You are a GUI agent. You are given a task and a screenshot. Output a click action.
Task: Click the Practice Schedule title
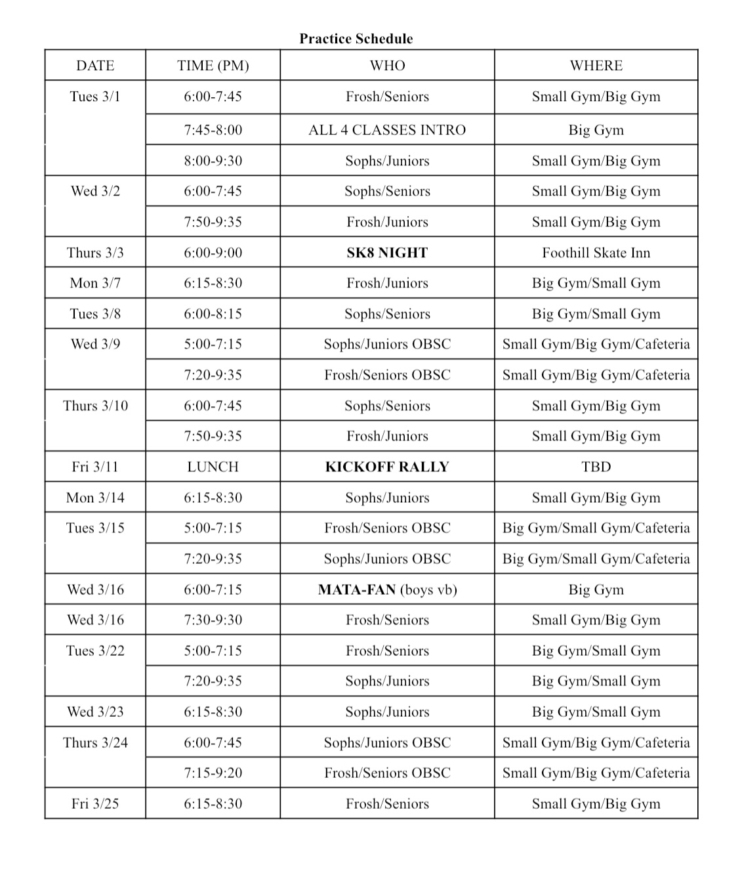pos(356,39)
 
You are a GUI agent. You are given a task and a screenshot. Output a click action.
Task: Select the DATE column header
pos(95,66)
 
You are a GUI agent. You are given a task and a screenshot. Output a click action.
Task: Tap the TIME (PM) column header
pos(213,66)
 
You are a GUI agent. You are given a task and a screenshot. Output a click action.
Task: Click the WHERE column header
pos(596,66)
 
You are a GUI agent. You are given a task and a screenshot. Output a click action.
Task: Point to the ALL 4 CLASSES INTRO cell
pos(387,130)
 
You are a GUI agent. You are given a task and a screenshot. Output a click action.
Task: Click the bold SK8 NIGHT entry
pos(387,253)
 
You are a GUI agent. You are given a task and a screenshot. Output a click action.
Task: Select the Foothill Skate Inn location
pos(596,253)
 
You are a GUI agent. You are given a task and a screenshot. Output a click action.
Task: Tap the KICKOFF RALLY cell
pos(387,467)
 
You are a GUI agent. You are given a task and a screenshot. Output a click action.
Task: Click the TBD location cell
pos(596,467)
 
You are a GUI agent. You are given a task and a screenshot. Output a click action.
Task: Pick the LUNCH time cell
pos(213,467)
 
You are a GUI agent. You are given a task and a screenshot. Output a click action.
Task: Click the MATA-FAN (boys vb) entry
pos(387,589)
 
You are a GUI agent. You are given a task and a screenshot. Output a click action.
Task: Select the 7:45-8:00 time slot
pos(213,130)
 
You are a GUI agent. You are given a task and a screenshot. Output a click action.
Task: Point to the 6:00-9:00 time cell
pos(213,253)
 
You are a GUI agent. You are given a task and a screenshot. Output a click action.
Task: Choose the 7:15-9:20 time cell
pos(213,773)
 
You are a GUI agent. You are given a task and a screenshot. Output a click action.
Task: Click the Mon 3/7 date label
pos(95,283)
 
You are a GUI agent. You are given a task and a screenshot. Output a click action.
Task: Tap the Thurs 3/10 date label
pos(95,406)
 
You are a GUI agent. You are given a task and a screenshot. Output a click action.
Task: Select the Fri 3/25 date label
pos(95,803)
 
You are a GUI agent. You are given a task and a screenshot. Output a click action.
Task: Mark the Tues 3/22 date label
pos(95,651)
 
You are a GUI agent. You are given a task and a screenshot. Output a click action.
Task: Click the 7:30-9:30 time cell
pos(213,620)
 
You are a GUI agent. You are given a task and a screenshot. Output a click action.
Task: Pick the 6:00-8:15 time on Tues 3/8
pos(213,314)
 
